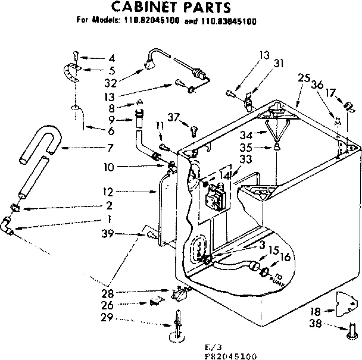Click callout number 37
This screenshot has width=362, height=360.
[173, 117]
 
